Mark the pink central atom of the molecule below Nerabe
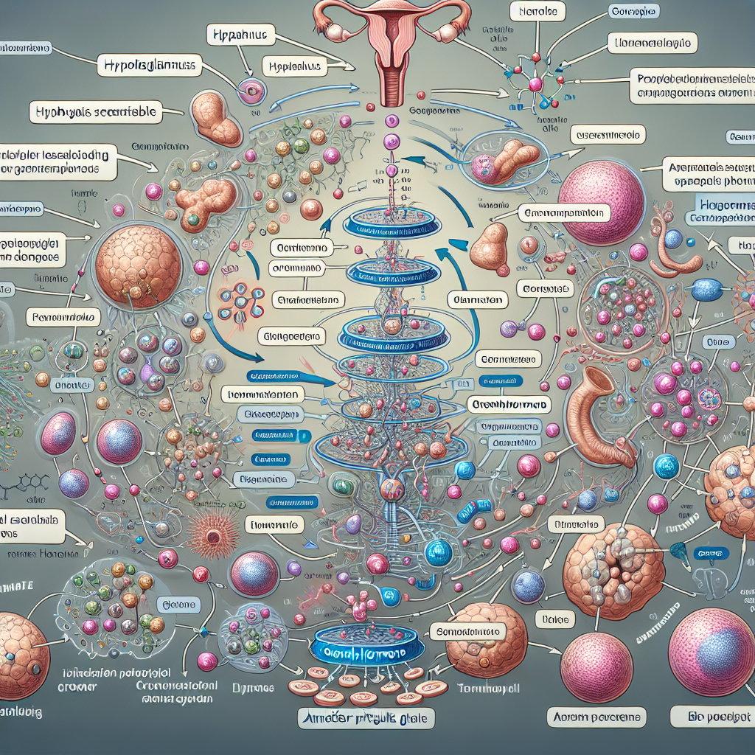pyautogui.click(x=535, y=84)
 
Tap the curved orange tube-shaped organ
pyautogui.click(x=598, y=417)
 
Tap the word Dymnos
pyautogui.click(x=257, y=687)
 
